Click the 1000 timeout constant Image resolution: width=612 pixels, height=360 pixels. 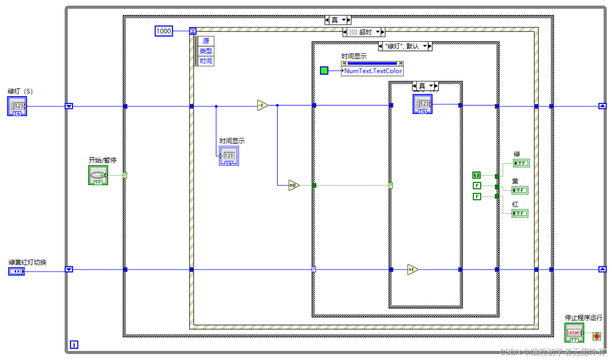tap(164, 31)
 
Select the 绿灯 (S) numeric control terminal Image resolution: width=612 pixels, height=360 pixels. tap(17, 106)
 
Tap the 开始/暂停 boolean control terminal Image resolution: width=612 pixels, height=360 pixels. tap(98, 175)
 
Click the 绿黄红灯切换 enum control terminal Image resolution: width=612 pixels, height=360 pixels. tap(17, 271)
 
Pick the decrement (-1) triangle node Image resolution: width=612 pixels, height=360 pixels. tap(262, 105)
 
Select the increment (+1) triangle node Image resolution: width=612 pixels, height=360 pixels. tap(412, 270)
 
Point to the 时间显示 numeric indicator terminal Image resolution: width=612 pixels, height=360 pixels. tap(229, 156)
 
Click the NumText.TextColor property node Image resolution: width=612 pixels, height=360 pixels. tap(373, 71)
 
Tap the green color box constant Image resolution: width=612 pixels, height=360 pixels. tap(324, 70)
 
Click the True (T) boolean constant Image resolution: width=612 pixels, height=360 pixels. tap(476, 175)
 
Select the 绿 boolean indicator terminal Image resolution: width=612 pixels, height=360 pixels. tap(521, 163)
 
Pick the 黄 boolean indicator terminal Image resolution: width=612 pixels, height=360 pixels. tap(520, 190)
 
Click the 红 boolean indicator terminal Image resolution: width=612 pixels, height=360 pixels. tap(520, 213)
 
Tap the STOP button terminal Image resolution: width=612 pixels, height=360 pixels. tap(574, 333)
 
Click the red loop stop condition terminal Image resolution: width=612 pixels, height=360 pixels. tap(597, 336)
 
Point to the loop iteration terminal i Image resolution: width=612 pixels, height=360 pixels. tap(74, 345)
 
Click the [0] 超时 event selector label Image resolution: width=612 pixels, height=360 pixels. tap(363, 32)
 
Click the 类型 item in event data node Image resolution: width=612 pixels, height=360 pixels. tap(206, 51)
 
